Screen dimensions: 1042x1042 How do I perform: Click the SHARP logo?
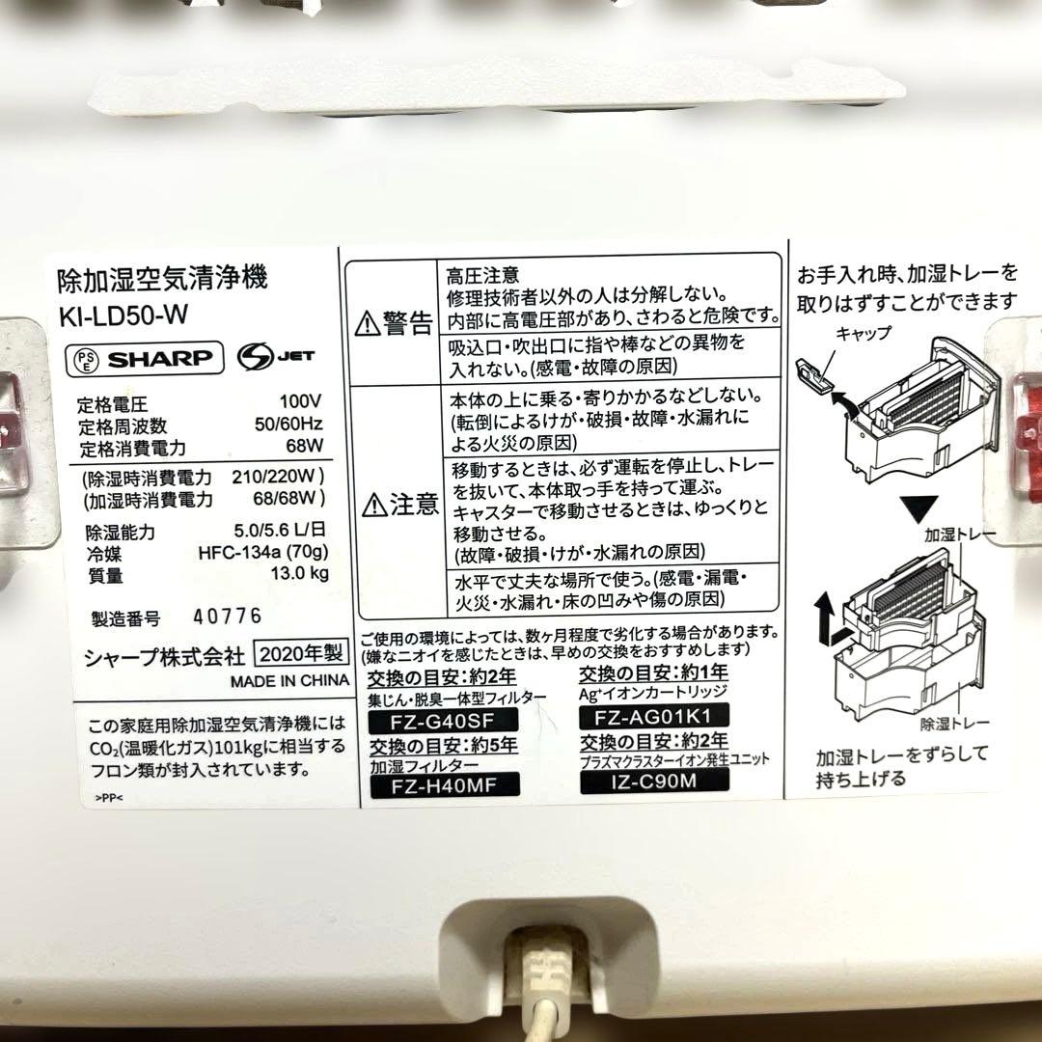click(x=160, y=358)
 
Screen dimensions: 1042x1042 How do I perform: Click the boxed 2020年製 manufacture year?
click(x=299, y=654)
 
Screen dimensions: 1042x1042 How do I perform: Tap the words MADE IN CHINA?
click(x=288, y=679)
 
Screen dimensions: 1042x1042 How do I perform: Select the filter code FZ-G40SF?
click(x=444, y=720)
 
